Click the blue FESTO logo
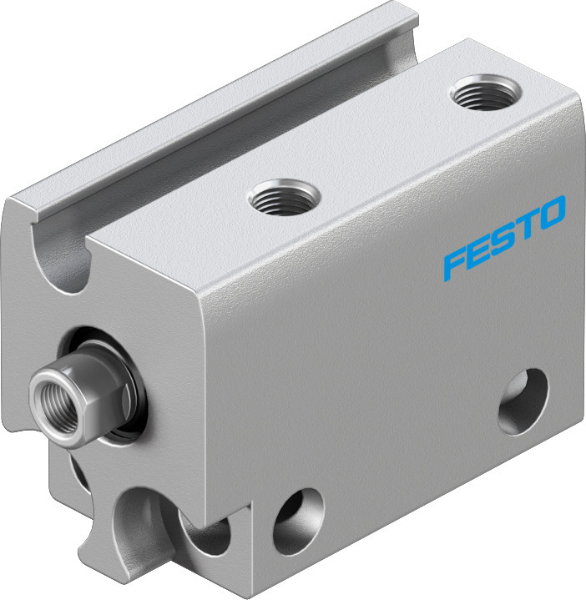(x=504, y=237)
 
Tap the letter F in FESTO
(x=455, y=263)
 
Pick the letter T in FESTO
(x=528, y=225)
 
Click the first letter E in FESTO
(x=479, y=250)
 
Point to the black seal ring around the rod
(x=117, y=384)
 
